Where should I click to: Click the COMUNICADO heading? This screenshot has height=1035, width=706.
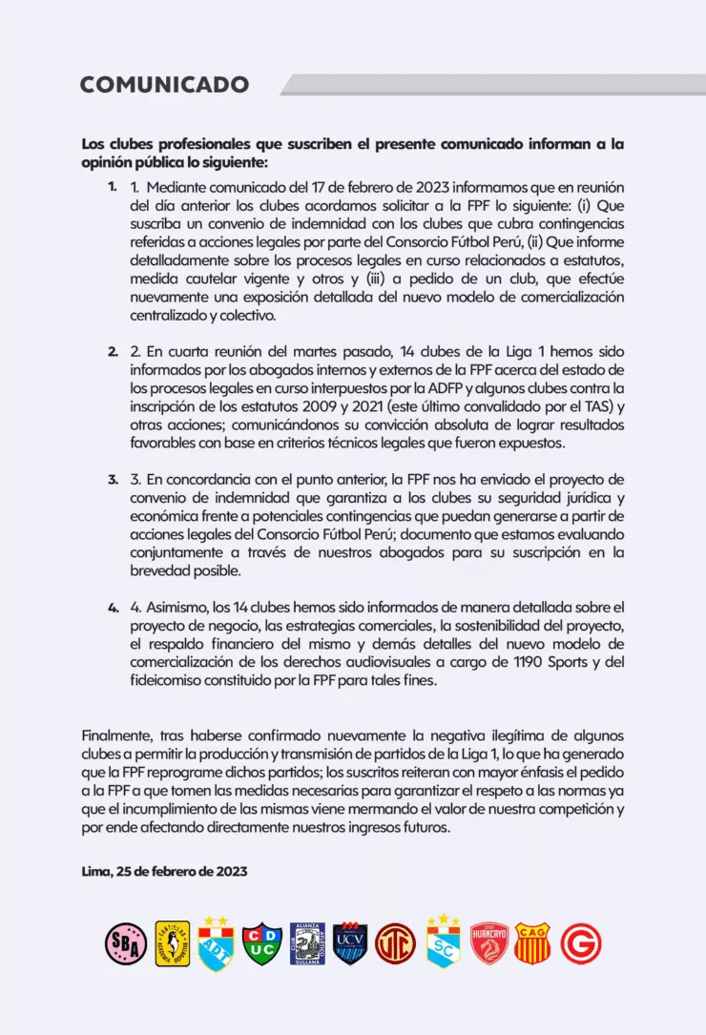click(164, 84)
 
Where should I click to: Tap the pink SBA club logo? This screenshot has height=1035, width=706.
click(125, 943)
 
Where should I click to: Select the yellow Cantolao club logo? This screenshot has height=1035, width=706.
click(172, 943)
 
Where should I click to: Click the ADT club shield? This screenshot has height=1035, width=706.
click(216, 943)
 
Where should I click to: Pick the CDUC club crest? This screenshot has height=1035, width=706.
click(260, 943)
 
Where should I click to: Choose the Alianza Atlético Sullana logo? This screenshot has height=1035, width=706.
click(307, 943)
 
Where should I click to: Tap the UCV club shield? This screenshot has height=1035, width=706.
click(350, 943)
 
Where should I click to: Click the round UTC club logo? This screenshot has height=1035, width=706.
click(395, 943)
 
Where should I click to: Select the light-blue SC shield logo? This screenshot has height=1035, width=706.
click(444, 943)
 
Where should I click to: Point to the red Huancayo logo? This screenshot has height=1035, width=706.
click(489, 943)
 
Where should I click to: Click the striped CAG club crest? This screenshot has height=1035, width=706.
click(532, 943)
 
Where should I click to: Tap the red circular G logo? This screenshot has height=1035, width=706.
click(581, 943)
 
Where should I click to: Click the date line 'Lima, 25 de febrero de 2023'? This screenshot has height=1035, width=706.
click(165, 871)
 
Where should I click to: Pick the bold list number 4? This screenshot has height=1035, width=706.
click(114, 607)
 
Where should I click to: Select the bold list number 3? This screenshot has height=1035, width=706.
click(114, 480)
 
